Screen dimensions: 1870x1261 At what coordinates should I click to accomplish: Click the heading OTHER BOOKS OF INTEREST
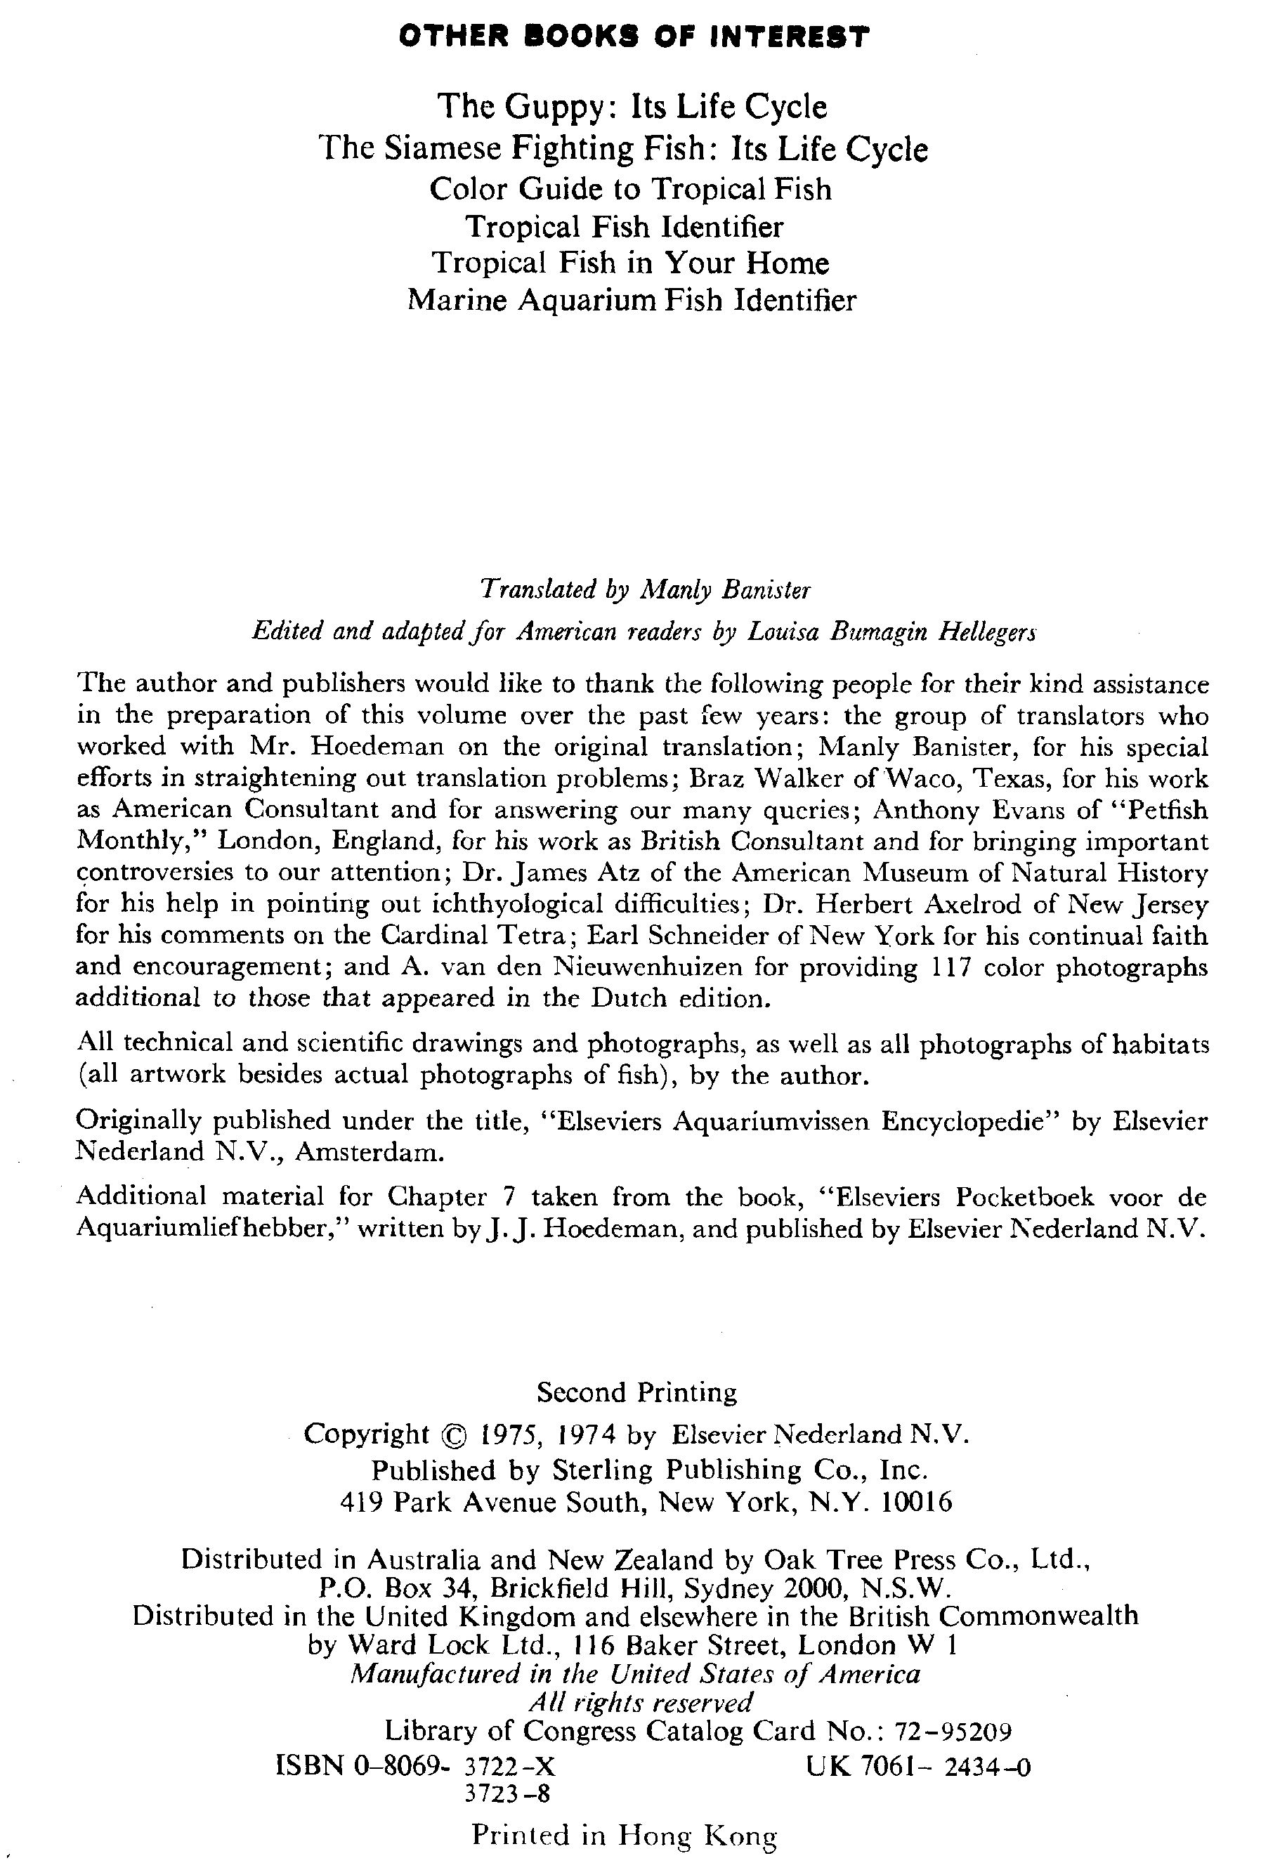pyautogui.click(x=634, y=37)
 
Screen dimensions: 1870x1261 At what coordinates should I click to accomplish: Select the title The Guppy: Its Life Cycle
pyautogui.click(x=632, y=106)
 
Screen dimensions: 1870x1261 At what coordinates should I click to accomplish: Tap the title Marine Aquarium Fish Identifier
pyautogui.click(x=632, y=300)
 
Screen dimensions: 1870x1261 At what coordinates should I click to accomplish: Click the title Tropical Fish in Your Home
pyautogui.click(x=631, y=263)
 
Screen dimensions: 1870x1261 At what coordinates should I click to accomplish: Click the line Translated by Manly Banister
pyautogui.click(x=645, y=590)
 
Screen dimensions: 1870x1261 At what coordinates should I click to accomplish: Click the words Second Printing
pyautogui.click(x=636, y=1392)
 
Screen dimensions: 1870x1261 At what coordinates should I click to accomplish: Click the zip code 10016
pyautogui.click(x=917, y=1502)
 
